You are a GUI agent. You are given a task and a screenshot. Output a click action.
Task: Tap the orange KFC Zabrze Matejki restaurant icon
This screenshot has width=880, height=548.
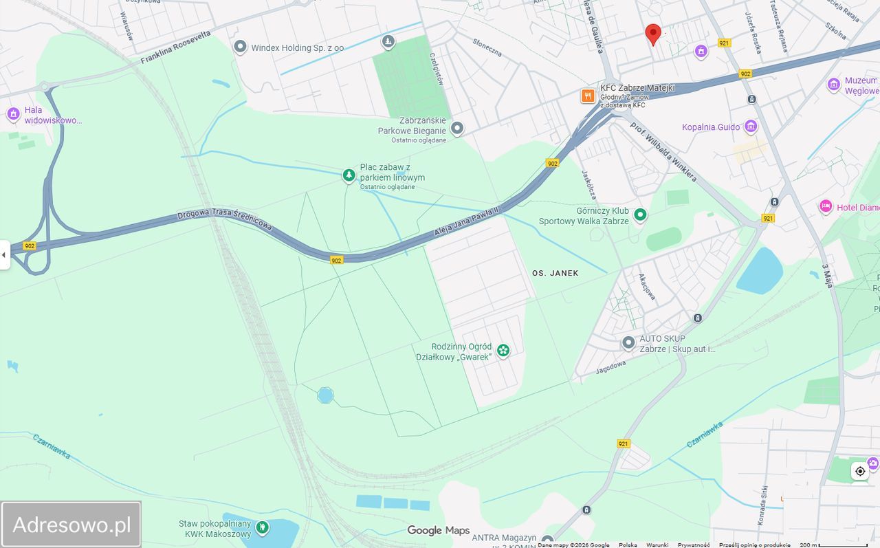(588, 96)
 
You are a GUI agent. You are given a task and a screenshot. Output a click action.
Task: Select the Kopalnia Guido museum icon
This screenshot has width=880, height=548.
(751, 127)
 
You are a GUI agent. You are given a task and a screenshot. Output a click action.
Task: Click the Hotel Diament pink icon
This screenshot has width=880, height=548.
(826, 207)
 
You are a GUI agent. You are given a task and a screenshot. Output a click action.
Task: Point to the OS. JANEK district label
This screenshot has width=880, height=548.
(555, 273)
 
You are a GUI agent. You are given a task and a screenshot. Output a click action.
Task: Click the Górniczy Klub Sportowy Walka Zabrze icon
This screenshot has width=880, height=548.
(640, 215)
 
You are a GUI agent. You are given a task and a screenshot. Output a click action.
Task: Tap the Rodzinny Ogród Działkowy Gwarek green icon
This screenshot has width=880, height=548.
(503, 351)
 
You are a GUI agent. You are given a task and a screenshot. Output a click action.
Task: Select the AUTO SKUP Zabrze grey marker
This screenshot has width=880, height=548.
(628, 342)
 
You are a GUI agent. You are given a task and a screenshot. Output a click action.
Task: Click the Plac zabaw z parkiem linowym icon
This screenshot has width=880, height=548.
(349, 175)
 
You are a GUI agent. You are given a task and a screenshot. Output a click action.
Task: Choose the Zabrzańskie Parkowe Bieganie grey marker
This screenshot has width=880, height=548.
(456, 128)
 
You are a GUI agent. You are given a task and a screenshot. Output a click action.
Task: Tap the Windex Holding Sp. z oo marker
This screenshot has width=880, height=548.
(240, 47)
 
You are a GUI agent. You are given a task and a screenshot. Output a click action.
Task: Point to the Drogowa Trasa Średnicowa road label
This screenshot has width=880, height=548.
(225, 219)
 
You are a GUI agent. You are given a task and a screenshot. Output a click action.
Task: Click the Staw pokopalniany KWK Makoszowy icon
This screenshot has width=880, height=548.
(262, 527)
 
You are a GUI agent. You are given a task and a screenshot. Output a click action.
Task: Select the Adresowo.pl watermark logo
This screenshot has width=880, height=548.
(71, 525)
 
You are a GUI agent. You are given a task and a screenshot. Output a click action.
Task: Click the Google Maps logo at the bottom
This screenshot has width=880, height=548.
(438, 530)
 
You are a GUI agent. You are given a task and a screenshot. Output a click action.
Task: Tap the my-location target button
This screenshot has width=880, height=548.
(860, 471)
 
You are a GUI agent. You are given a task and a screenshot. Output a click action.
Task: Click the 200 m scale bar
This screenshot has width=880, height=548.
(842, 545)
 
